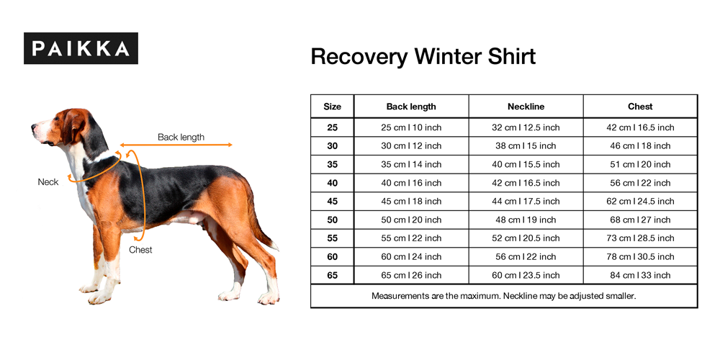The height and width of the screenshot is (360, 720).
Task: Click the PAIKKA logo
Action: coord(81,48)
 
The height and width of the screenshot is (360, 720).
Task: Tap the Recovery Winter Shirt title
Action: coord(423,57)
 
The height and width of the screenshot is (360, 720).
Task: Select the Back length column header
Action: coord(411,107)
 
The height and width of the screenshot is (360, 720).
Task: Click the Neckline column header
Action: coord(526,107)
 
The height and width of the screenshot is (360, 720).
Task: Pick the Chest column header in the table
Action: coord(640,107)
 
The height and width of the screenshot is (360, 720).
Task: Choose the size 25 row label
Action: coord(332,127)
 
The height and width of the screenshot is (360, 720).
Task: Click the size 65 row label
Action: coord(332,275)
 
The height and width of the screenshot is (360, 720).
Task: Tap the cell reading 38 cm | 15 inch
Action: coord(526,146)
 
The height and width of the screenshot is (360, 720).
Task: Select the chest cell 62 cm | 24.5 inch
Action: coord(640,201)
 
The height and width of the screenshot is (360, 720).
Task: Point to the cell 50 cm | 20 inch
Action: coord(411,220)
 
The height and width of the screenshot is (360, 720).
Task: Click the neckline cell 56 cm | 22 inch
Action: coord(526,257)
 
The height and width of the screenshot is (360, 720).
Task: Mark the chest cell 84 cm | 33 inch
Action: coord(640,275)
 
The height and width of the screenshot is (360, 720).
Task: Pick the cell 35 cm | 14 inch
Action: coord(411,164)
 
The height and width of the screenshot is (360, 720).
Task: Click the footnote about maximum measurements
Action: coord(504,296)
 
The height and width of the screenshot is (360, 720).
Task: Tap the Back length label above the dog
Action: coord(181,137)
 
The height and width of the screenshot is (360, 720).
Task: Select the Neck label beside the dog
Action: coord(48,182)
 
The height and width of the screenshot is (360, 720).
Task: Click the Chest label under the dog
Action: coord(140,250)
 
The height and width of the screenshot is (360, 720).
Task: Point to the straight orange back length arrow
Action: coord(176,145)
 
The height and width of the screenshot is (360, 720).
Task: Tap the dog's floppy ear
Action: coord(74,126)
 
